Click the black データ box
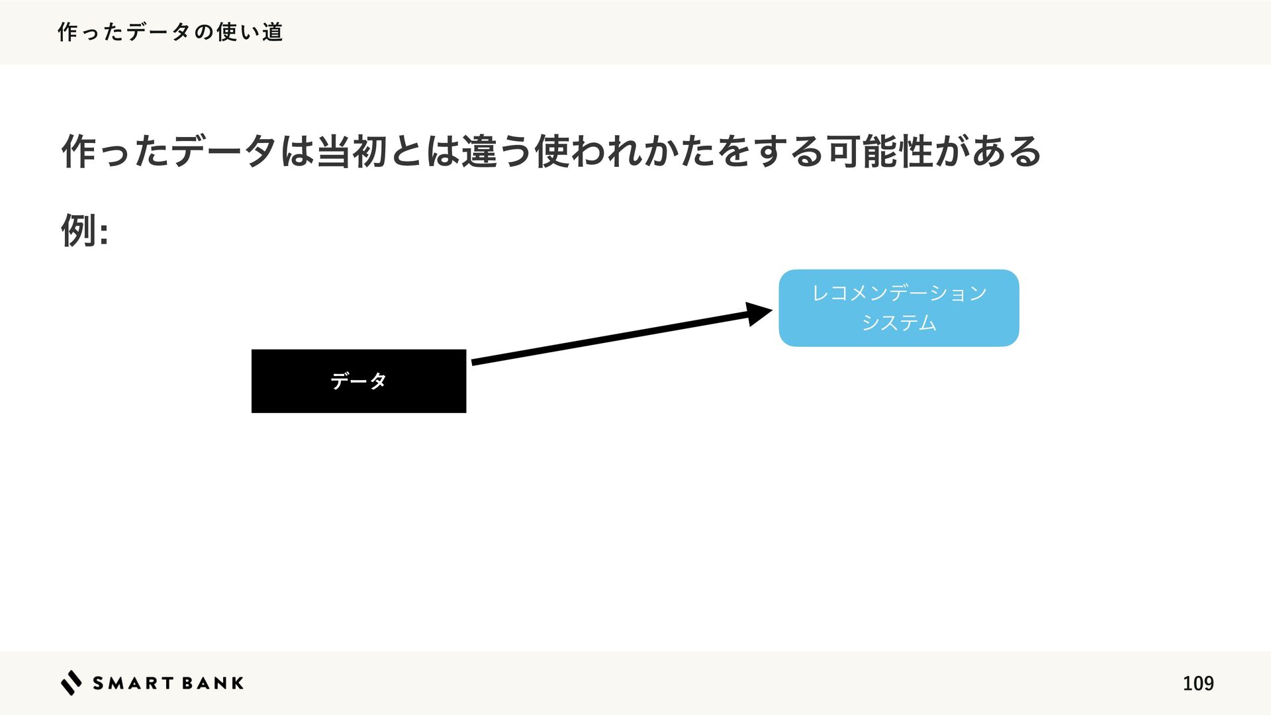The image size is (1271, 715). pos(358,381)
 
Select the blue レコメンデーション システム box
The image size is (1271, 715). pos(898,308)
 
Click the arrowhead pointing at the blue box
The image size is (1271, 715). pos(759,313)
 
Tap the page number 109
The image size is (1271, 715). pos(1198,683)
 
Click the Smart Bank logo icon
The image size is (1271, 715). pos(71,683)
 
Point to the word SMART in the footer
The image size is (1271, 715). pos(133,683)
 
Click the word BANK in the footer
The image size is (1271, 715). pos(212,683)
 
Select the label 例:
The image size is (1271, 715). pos(84,230)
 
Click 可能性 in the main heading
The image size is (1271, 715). pos(880,152)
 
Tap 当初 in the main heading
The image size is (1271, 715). pos(352,152)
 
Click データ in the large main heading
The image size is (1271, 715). pos(223,152)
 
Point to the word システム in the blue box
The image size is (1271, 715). pos(898,323)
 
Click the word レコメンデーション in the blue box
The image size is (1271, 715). pos(899,293)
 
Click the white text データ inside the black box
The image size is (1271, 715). pos(358,381)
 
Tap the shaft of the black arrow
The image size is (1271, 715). pos(609,338)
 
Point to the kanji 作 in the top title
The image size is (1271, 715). pos(68,32)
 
